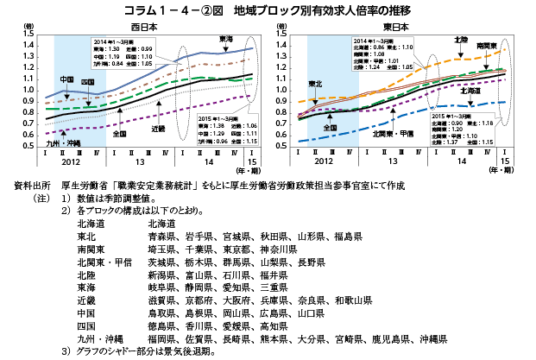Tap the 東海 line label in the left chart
point(226,40)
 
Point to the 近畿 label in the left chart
point(158,128)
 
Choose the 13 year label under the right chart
point(393,162)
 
